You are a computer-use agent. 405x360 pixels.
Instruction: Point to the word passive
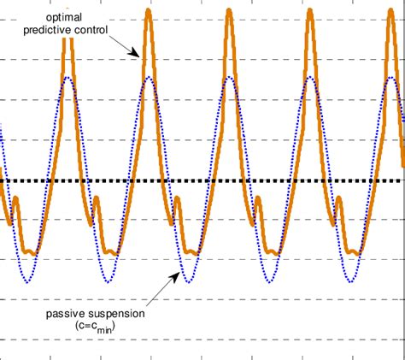tap(64, 313)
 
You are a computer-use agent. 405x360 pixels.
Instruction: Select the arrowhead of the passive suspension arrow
tap(179, 274)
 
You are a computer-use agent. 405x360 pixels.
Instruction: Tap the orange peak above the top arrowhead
tap(150, 10)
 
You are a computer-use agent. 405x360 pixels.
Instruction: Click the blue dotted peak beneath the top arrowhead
tap(150, 78)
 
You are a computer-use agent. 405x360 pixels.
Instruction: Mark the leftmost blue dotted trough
tap(28, 282)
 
